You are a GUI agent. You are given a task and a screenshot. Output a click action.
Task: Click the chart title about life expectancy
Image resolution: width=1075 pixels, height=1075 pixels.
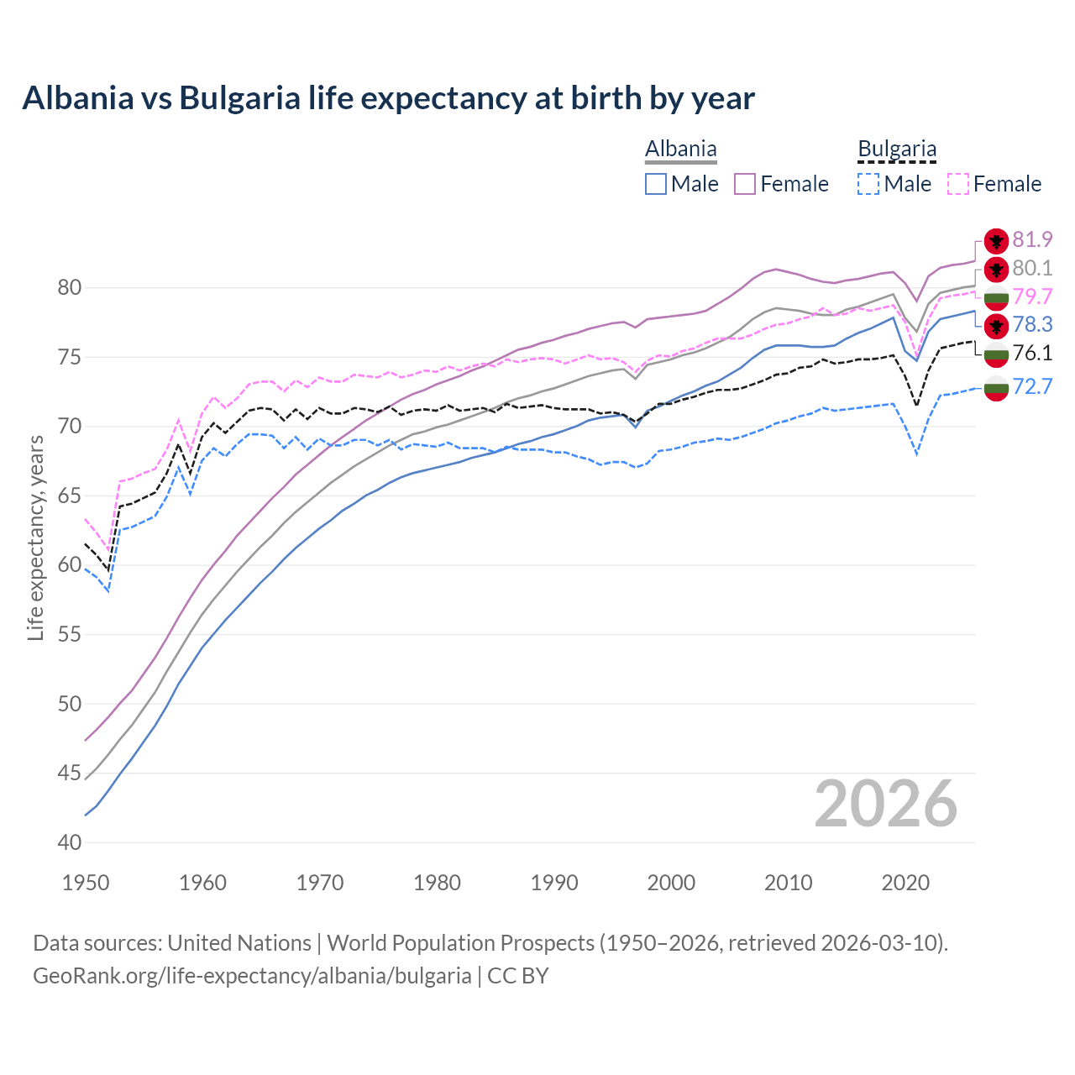pos(388,98)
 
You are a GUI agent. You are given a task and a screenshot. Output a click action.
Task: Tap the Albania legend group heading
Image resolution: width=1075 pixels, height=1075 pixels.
pos(680,149)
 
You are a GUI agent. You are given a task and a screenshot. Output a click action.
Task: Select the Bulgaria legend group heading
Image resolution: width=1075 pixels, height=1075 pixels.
pos(896,149)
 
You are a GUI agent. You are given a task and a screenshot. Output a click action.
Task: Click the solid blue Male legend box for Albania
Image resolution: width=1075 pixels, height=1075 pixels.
pos(656,184)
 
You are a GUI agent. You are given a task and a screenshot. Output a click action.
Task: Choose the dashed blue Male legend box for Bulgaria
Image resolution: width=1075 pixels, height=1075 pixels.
pos(868,184)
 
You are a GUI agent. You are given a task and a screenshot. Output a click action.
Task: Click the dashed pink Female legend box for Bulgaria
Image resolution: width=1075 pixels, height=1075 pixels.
pos(958,184)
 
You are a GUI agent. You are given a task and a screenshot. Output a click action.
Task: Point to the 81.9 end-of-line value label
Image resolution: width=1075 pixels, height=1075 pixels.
pos(1032,239)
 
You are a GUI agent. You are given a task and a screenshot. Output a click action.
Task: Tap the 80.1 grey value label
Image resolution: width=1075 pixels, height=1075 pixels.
pos(1032,268)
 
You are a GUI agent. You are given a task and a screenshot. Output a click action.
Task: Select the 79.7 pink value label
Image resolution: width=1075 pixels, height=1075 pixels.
pos(1032,296)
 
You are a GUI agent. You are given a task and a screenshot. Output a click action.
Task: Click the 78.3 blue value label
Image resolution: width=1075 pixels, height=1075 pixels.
pos(1032,324)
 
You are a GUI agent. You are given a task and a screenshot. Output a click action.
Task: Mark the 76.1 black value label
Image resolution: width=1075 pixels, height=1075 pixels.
pos(1032,353)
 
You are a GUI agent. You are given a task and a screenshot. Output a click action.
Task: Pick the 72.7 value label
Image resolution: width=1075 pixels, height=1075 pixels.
pos(1032,386)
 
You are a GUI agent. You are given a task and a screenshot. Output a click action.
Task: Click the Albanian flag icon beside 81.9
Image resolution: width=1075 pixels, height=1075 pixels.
pos(996,240)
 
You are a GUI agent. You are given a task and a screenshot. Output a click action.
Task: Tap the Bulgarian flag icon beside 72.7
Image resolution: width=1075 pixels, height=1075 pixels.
pos(996,388)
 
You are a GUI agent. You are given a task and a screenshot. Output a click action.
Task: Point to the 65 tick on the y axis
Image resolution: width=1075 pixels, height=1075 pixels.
pos(70,496)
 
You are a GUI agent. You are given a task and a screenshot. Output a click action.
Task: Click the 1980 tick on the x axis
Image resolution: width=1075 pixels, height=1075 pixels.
pos(437,883)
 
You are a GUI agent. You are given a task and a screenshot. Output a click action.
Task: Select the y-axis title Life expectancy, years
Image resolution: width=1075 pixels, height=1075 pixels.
pos(36,537)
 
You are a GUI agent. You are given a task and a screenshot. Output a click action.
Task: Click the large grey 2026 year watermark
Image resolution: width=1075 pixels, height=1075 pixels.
pos(885,804)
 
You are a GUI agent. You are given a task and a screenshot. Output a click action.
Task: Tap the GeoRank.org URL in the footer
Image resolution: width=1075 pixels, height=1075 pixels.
pos(252,976)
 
